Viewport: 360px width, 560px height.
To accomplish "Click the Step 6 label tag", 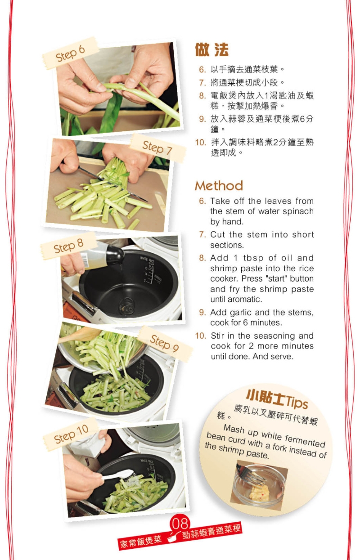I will point(70,53).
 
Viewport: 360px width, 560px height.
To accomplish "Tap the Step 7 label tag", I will point(157,147).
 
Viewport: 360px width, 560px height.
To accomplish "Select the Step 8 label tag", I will point(68,246).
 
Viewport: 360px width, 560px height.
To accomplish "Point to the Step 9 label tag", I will point(164,343).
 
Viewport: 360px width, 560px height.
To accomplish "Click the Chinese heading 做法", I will point(211,50).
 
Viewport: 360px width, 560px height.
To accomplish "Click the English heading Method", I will point(219,185).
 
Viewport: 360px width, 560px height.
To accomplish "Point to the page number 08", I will point(180,523).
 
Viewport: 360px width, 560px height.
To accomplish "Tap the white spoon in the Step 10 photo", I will point(118,474).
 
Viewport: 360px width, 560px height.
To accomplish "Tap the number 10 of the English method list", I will point(200,336).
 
